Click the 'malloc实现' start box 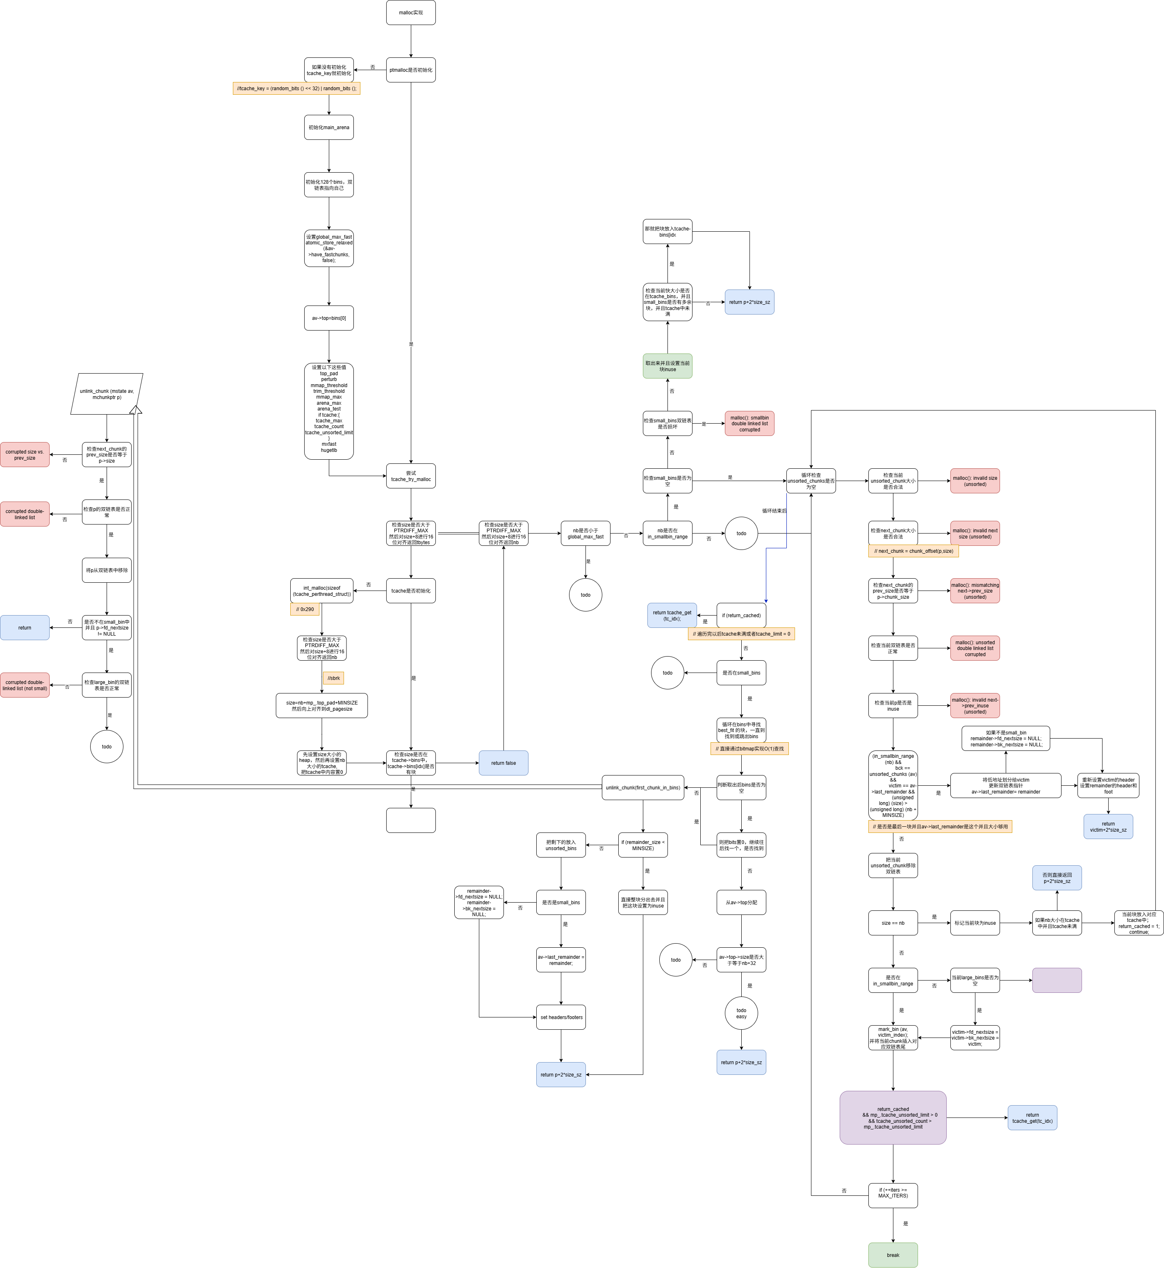pos(411,13)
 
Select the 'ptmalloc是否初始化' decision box pos(411,70)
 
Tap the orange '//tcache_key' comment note pos(296,88)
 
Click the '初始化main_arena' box pos(329,127)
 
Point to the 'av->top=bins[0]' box pos(329,318)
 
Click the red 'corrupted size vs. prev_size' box pos(25,455)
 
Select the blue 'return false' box pos(503,763)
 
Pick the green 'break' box pos(893,1255)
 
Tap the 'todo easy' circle pos(741,1013)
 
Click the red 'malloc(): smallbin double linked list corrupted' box pos(749,423)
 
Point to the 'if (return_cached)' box pos(741,616)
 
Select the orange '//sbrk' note pos(334,678)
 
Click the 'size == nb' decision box pos(893,923)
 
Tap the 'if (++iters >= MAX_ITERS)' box pos(893,1195)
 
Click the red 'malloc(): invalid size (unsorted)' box pos(975,481)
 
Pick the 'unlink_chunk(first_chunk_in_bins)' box pos(642,787)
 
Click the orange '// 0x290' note pos(305,609)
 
